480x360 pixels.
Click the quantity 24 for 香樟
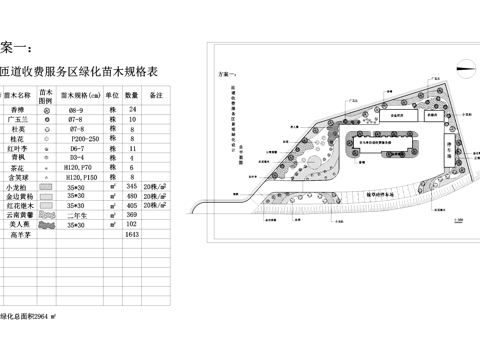tap(133, 107)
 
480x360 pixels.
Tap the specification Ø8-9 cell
tap(77, 107)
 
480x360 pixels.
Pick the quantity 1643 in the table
tap(133, 235)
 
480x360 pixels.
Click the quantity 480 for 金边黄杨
tap(133, 197)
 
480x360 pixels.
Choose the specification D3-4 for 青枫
tap(77, 158)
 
